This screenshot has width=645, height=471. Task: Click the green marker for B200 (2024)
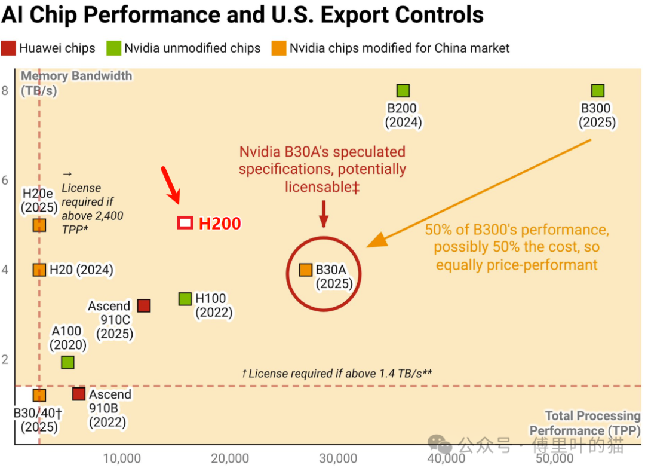point(403,91)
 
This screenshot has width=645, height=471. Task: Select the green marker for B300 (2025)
point(597,91)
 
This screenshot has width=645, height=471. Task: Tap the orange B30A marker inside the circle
point(306,270)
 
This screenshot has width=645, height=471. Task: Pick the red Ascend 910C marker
point(143,305)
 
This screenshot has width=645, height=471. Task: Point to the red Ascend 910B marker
point(78,394)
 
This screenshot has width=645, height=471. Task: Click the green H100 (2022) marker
point(185,299)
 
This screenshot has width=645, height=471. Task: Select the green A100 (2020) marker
point(67,362)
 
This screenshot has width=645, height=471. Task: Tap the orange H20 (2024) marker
point(39,270)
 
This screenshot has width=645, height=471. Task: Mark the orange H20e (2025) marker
point(39,225)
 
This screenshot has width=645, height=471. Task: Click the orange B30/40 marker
point(39,395)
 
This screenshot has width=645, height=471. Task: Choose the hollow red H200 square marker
point(185,223)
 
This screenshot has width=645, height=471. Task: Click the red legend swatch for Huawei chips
point(8,48)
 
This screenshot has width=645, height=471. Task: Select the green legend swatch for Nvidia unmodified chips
point(113,48)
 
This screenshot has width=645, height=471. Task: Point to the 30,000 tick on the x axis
point(338,459)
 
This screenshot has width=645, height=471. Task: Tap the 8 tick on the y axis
point(5,91)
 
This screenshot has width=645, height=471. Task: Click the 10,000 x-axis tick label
point(122,459)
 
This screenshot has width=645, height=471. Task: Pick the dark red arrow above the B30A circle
point(323,213)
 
